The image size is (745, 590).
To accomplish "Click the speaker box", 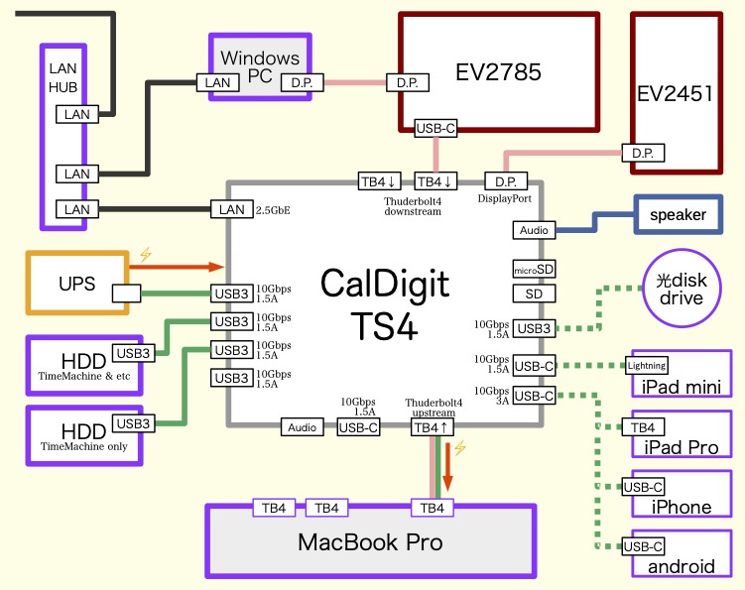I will pos(678,215).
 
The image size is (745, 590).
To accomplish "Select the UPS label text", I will pos(77,285).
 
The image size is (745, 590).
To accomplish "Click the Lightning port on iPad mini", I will pos(647,365).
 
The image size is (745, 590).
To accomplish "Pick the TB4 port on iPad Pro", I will pos(641,427).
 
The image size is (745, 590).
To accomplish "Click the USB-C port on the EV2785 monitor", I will pos(435,128).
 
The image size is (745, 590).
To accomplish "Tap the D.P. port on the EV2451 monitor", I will pos(642,153).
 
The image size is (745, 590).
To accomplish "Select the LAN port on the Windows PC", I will pos(217,83).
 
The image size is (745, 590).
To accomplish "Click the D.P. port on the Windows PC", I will pos(302,82).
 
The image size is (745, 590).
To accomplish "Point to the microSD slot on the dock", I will pos(534,269).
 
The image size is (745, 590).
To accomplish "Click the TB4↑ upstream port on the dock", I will pos(433,426).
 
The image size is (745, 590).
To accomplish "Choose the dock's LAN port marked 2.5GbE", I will pos(231,209).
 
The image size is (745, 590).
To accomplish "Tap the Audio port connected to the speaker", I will pos(534,230).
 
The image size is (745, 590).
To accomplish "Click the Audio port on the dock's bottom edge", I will pos(303,426).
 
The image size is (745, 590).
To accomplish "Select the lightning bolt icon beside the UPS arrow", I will pos(146,254).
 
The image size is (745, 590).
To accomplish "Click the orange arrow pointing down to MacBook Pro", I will pos(447,468).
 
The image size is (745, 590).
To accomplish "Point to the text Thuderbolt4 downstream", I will pos(413,206).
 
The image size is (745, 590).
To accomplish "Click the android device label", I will pos(681,566).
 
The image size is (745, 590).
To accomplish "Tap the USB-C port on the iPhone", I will pos(643,487).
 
